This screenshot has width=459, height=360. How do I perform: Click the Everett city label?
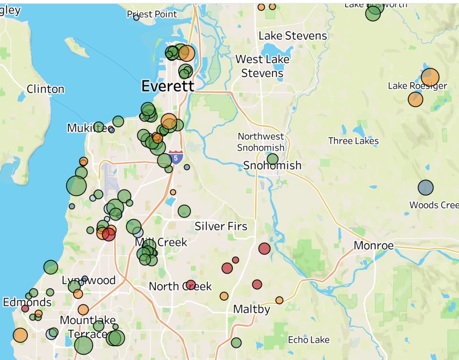[168, 86]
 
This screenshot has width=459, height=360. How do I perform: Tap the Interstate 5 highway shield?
[176, 158]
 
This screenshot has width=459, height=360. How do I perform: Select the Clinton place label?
[45, 89]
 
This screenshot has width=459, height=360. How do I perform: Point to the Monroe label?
[373, 245]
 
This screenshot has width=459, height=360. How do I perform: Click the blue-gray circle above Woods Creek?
[426, 187]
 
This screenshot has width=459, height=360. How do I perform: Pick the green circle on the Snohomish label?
[273, 159]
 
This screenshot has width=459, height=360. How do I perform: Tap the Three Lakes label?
[353, 141]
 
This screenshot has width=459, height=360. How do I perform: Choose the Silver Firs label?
[221, 226]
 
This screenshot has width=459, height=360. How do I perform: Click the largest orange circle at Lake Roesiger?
[430, 77]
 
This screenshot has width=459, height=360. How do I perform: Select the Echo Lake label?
[308, 340]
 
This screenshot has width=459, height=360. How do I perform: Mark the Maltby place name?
[251, 309]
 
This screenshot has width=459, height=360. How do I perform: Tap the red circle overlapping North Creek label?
[191, 285]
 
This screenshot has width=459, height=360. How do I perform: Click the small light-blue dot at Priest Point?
[136, 17]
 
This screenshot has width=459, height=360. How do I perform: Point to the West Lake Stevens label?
[262, 66]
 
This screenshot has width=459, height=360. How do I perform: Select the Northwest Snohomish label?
[261, 142]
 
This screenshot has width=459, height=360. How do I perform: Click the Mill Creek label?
[161, 242]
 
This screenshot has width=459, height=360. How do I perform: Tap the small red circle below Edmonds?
[25, 308]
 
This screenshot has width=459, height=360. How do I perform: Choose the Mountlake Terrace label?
[87, 327]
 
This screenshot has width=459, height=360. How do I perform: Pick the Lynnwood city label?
[89, 280]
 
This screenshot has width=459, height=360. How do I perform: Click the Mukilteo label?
[89, 128]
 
